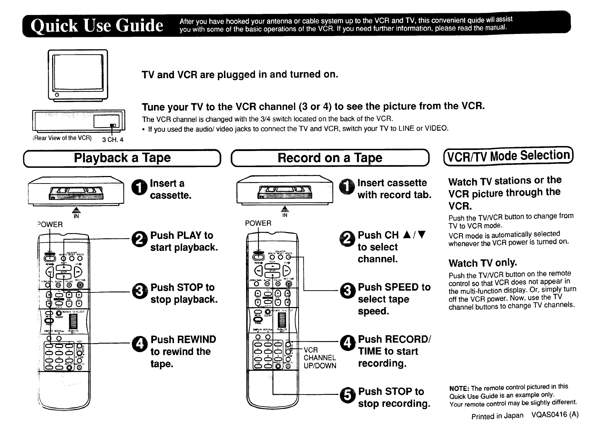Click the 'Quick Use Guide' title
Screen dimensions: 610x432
97,25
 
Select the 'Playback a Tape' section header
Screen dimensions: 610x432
122,158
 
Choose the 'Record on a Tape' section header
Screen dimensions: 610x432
330,158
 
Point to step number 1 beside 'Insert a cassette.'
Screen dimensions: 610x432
139,188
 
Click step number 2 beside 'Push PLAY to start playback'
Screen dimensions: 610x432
139,240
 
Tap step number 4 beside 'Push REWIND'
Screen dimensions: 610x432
139,344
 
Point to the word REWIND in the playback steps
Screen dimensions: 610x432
196,340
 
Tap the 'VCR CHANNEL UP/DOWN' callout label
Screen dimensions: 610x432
320,358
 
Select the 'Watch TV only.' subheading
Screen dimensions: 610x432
482,263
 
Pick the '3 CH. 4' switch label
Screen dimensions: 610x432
113,140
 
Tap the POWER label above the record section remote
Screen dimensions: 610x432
258,223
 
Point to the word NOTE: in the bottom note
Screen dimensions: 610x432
459,389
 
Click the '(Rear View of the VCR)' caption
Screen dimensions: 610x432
62,138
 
